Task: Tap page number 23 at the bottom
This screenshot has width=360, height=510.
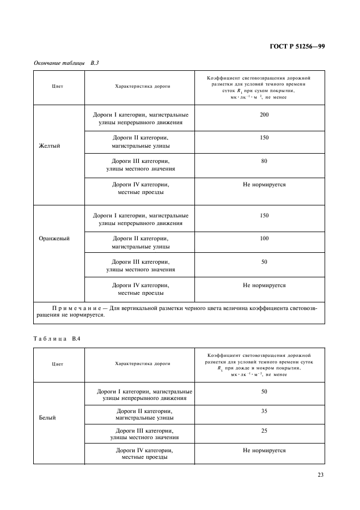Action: point(321,475)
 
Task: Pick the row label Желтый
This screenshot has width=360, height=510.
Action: point(49,146)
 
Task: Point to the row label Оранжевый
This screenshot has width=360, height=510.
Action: point(54,238)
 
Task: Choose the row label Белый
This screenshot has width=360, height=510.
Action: point(48,418)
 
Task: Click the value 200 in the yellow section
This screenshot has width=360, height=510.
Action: point(264,115)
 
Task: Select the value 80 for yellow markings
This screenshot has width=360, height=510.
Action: point(264,161)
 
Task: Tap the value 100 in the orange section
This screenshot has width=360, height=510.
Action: point(264,239)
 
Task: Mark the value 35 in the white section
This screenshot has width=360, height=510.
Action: point(264,411)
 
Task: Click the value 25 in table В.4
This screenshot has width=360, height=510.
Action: point(264,430)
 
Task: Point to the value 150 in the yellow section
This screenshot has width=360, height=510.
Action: point(264,138)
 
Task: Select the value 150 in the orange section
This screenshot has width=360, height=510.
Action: point(264,215)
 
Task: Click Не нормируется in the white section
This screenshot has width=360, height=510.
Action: point(264,451)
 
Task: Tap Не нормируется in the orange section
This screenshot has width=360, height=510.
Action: point(264,285)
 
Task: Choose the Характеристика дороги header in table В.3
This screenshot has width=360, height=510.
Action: point(143,86)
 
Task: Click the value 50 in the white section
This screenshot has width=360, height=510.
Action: point(264,391)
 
